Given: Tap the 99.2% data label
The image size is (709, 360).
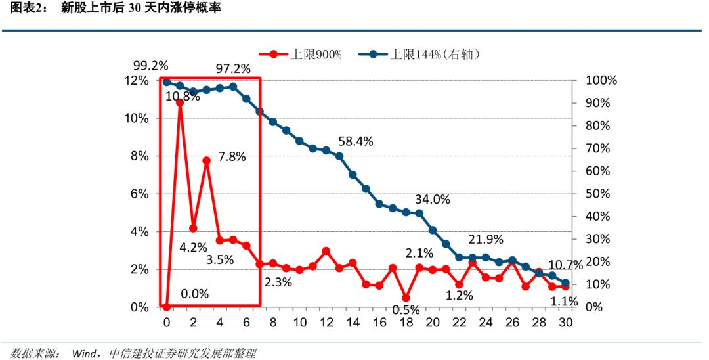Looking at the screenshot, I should pyautogui.click(x=150, y=66).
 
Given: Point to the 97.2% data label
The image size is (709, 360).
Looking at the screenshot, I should pyautogui.click(x=233, y=68).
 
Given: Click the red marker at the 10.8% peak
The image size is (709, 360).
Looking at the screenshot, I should pyautogui.click(x=180, y=102).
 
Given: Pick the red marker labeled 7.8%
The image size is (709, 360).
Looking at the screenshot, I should pyautogui.click(x=206, y=160).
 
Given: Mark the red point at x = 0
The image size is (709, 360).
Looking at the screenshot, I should pyautogui.click(x=166, y=307).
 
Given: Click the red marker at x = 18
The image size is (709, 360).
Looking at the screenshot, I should pyautogui.click(x=406, y=298).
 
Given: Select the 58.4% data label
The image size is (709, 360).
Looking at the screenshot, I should pyautogui.click(x=356, y=141).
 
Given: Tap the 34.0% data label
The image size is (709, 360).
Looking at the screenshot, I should pyautogui.click(x=433, y=200).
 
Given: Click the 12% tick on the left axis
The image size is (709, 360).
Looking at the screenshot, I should pyautogui.click(x=139, y=81).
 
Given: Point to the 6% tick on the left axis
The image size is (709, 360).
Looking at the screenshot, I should pyautogui.click(x=141, y=194).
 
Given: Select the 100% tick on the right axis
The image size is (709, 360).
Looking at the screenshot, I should pyautogui.click(x=601, y=81).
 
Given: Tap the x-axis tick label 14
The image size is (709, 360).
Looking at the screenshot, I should pyautogui.click(x=353, y=323).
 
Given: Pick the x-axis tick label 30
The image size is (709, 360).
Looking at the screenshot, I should pyautogui.click(x=565, y=323).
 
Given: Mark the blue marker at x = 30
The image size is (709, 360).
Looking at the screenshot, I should pyautogui.click(x=565, y=283).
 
